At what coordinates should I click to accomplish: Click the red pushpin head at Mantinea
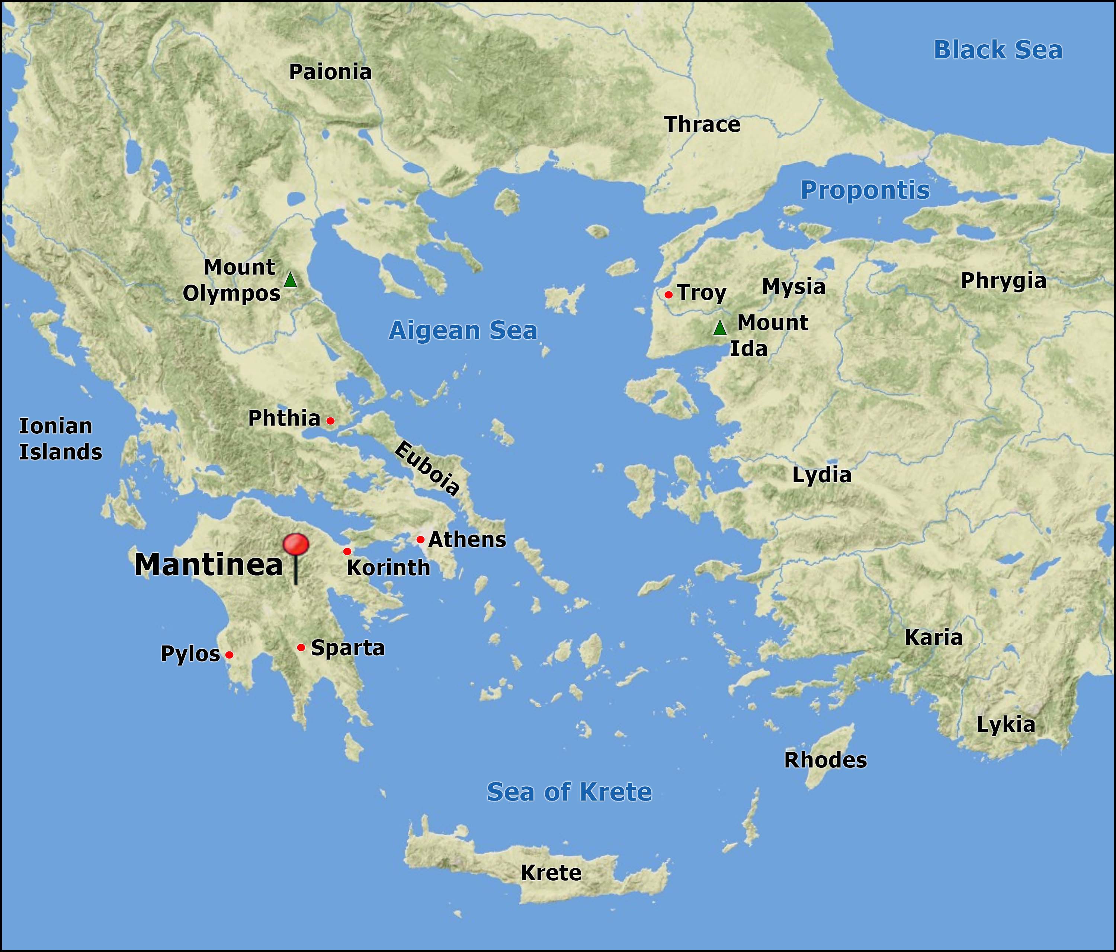296,544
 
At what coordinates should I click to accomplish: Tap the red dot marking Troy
668,295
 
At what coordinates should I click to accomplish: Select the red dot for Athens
420,539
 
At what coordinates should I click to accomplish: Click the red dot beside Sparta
301,647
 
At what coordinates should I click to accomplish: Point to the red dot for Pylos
229,655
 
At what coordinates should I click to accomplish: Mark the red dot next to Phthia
330,420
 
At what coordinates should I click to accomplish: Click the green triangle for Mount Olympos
290,280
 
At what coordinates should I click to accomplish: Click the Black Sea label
997,50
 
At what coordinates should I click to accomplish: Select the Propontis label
865,190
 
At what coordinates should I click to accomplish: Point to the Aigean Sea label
463,330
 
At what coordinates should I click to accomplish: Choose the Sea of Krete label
569,792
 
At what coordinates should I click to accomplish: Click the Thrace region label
702,125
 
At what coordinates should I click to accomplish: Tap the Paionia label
330,72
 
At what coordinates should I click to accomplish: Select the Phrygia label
1003,281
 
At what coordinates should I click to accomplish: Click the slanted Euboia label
427,468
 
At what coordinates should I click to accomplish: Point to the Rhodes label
825,760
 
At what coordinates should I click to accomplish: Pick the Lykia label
1005,725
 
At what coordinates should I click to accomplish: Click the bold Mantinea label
208,565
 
